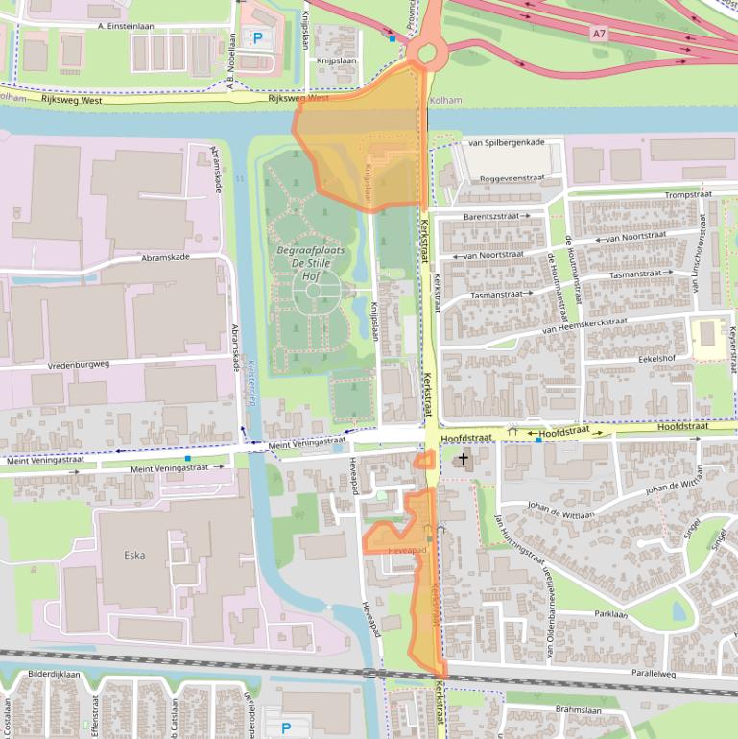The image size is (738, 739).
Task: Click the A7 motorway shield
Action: (x=599, y=34)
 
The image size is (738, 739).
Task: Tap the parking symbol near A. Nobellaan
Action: (x=257, y=38)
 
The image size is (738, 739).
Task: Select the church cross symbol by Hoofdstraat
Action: (x=464, y=460)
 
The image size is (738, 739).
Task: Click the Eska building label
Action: (x=134, y=554)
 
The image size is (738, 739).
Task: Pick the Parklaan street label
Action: (x=610, y=613)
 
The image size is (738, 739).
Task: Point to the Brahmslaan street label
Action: (x=579, y=711)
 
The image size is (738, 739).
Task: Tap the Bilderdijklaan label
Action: (x=54, y=675)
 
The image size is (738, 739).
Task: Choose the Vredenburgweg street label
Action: (x=78, y=366)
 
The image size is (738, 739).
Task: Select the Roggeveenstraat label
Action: (x=512, y=178)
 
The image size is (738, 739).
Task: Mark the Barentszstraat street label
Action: (x=492, y=217)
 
